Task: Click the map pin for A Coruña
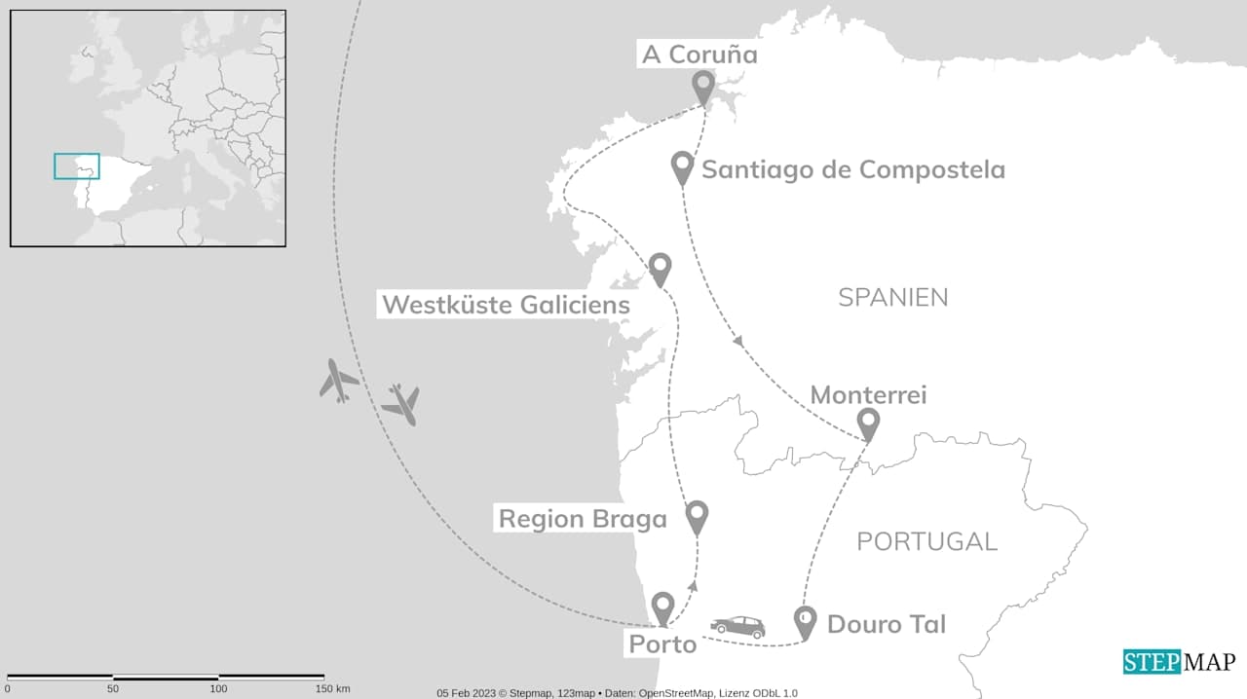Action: (703, 86)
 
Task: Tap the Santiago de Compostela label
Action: (853, 169)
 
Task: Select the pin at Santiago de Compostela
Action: (683, 166)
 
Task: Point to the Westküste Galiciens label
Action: (506, 305)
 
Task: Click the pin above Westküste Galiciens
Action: (661, 267)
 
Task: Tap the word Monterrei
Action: (868, 394)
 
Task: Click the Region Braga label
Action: (583, 519)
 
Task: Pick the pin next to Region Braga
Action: (697, 515)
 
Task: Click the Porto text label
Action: (662, 644)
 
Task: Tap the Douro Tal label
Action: (887, 624)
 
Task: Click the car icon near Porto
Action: (737, 626)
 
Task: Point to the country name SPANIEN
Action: (892, 298)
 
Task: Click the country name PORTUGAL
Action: (926, 541)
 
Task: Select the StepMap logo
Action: (1179, 662)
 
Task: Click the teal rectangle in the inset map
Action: (77, 166)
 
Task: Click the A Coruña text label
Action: (699, 55)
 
